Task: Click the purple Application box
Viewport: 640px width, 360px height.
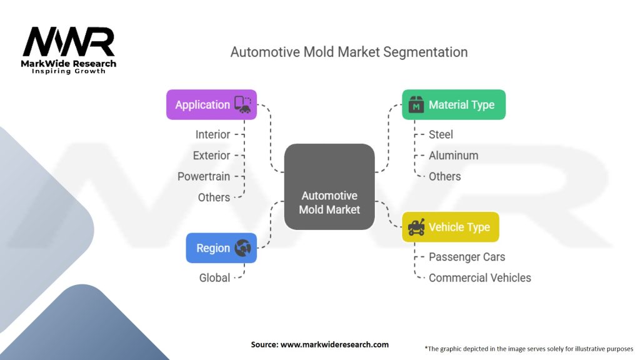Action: tap(211, 104)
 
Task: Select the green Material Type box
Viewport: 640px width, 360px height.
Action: tap(453, 105)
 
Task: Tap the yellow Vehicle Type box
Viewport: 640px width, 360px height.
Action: tap(450, 227)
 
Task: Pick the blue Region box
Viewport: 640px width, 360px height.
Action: tap(221, 248)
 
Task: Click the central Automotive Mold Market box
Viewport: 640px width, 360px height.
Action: tap(329, 187)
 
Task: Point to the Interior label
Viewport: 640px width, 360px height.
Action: tap(212, 134)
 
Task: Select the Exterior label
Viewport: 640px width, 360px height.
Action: tap(211, 156)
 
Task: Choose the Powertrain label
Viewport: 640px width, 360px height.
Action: tap(204, 176)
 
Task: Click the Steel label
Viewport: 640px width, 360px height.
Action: tap(441, 134)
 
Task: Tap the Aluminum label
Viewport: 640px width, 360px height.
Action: tap(453, 156)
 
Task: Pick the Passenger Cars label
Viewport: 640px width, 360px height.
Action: tap(467, 257)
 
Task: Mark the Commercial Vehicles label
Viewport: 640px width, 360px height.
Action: tap(479, 277)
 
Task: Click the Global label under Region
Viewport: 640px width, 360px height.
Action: tap(214, 277)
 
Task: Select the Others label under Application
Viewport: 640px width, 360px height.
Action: tap(214, 197)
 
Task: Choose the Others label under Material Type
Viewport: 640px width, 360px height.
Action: tap(444, 176)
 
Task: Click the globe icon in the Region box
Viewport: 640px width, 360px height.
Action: tap(242, 248)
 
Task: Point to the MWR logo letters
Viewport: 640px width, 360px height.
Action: tap(69, 42)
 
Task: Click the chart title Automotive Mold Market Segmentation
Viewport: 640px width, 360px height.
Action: tap(349, 52)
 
